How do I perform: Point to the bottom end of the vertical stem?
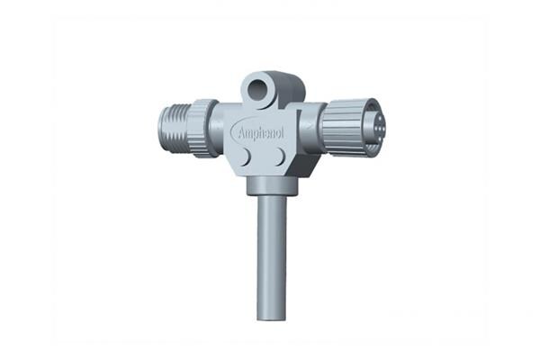tap(271, 316)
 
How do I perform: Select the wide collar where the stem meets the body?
tap(270, 185)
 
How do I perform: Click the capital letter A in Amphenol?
tap(240, 131)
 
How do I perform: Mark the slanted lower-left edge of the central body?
tap(235, 167)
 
